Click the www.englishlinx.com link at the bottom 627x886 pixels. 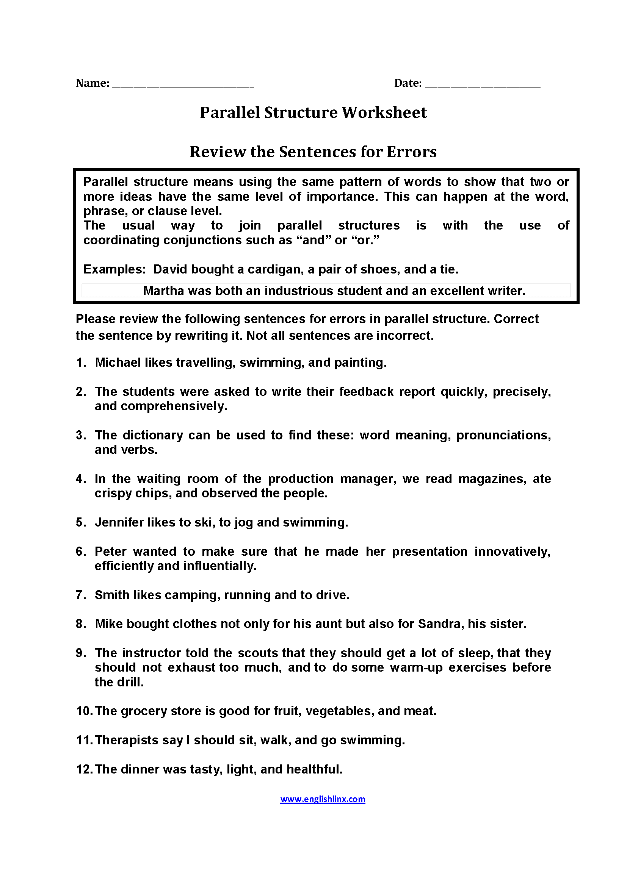pos(322,798)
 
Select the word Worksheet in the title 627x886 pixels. pos(384,112)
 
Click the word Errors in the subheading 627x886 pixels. pos(412,152)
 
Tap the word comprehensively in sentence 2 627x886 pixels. pos(174,406)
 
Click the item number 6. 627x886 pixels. pos(81,552)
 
